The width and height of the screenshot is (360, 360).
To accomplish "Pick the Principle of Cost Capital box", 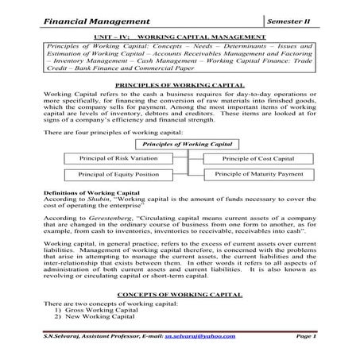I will tap(254, 157).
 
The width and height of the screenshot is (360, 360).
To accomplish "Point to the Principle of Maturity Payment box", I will tap(258, 173).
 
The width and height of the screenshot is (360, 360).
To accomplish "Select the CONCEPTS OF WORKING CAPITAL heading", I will tap(180, 294).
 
